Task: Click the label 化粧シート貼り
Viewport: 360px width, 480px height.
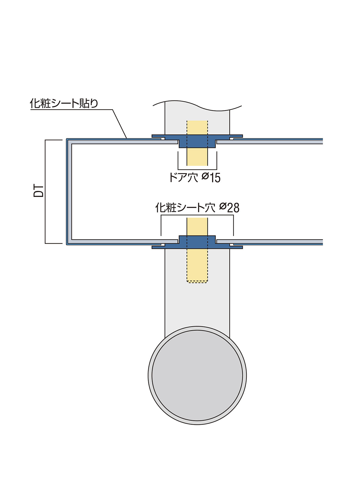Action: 64,103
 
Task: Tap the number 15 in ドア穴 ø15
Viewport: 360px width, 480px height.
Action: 215,177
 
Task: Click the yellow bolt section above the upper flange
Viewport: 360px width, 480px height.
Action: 197,128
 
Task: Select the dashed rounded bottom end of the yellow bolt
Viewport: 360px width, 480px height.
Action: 197,282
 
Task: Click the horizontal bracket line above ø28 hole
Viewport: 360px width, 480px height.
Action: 197,215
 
